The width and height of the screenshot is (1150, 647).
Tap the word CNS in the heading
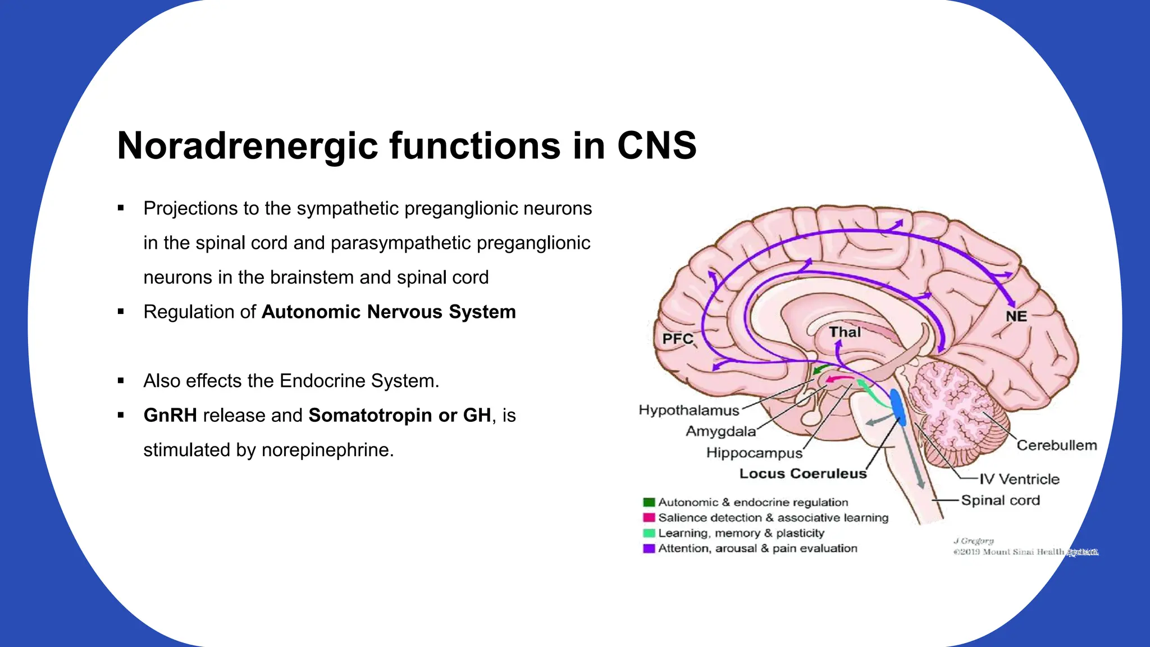pyautogui.click(x=656, y=146)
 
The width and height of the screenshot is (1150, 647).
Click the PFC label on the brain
pyautogui.click(x=678, y=339)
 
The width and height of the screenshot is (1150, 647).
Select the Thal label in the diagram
pyautogui.click(x=845, y=332)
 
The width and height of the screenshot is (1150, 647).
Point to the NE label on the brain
pyautogui.click(x=1016, y=317)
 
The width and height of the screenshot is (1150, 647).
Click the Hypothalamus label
pyautogui.click(x=689, y=411)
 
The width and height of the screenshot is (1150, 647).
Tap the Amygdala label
pyautogui.click(x=720, y=432)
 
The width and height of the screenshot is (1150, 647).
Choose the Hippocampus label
pyautogui.click(x=754, y=453)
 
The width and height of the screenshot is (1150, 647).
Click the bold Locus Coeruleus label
pyautogui.click(x=803, y=474)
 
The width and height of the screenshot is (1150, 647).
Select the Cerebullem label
pyautogui.click(x=1056, y=445)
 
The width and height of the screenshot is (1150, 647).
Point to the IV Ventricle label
pyautogui.click(x=1019, y=479)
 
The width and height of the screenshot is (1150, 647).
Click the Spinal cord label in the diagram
pyautogui.click(x=1000, y=500)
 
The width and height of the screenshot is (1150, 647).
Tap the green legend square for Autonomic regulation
pyautogui.click(x=649, y=502)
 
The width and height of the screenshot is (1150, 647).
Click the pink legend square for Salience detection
pyautogui.click(x=649, y=517)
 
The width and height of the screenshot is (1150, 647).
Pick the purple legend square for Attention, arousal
pyautogui.click(x=649, y=548)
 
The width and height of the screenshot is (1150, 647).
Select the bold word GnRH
pyautogui.click(x=170, y=416)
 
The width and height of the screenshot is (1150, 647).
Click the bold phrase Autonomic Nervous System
pyautogui.click(x=389, y=312)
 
